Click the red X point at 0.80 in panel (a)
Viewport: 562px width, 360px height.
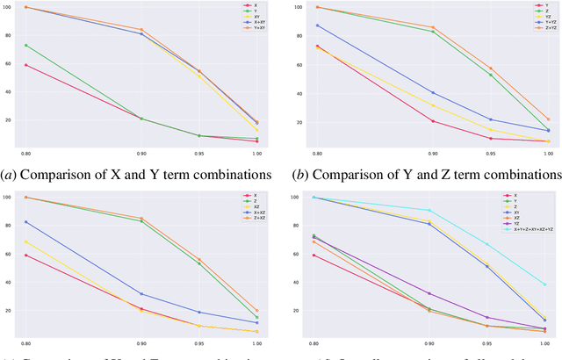tap(26, 65)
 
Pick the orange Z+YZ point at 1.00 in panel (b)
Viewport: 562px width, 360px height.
tap(548, 119)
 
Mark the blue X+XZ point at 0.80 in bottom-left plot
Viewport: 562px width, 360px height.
tap(26, 222)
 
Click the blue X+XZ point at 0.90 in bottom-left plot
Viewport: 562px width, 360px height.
tap(141, 294)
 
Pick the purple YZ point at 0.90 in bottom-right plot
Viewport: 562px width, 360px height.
tap(430, 293)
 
